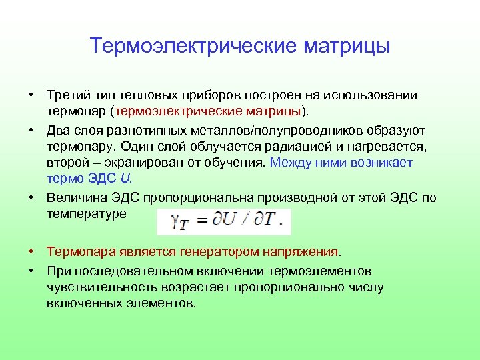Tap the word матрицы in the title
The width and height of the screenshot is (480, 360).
[347, 47]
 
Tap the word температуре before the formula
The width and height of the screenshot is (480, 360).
[85, 213]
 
